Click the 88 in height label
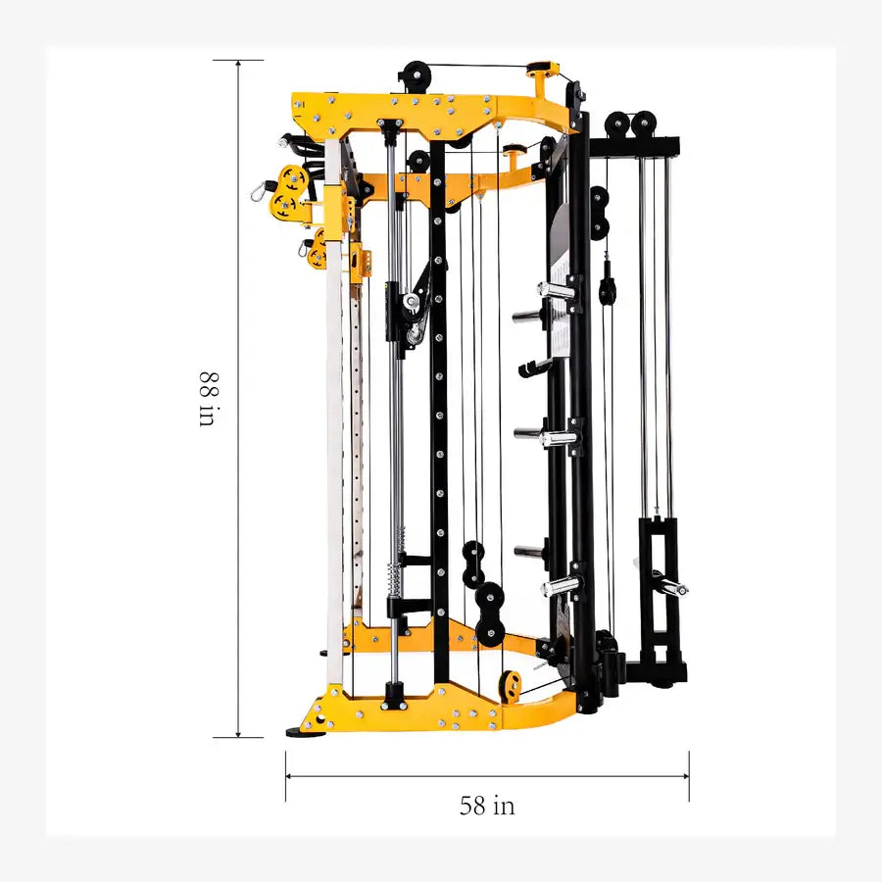[207, 398]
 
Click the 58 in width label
[487, 806]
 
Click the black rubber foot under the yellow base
[298, 731]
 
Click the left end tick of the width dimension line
[286, 775]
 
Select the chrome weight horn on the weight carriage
[670, 586]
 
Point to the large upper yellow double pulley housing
[289, 190]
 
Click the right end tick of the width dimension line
[689, 775]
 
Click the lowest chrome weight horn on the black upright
[559, 587]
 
